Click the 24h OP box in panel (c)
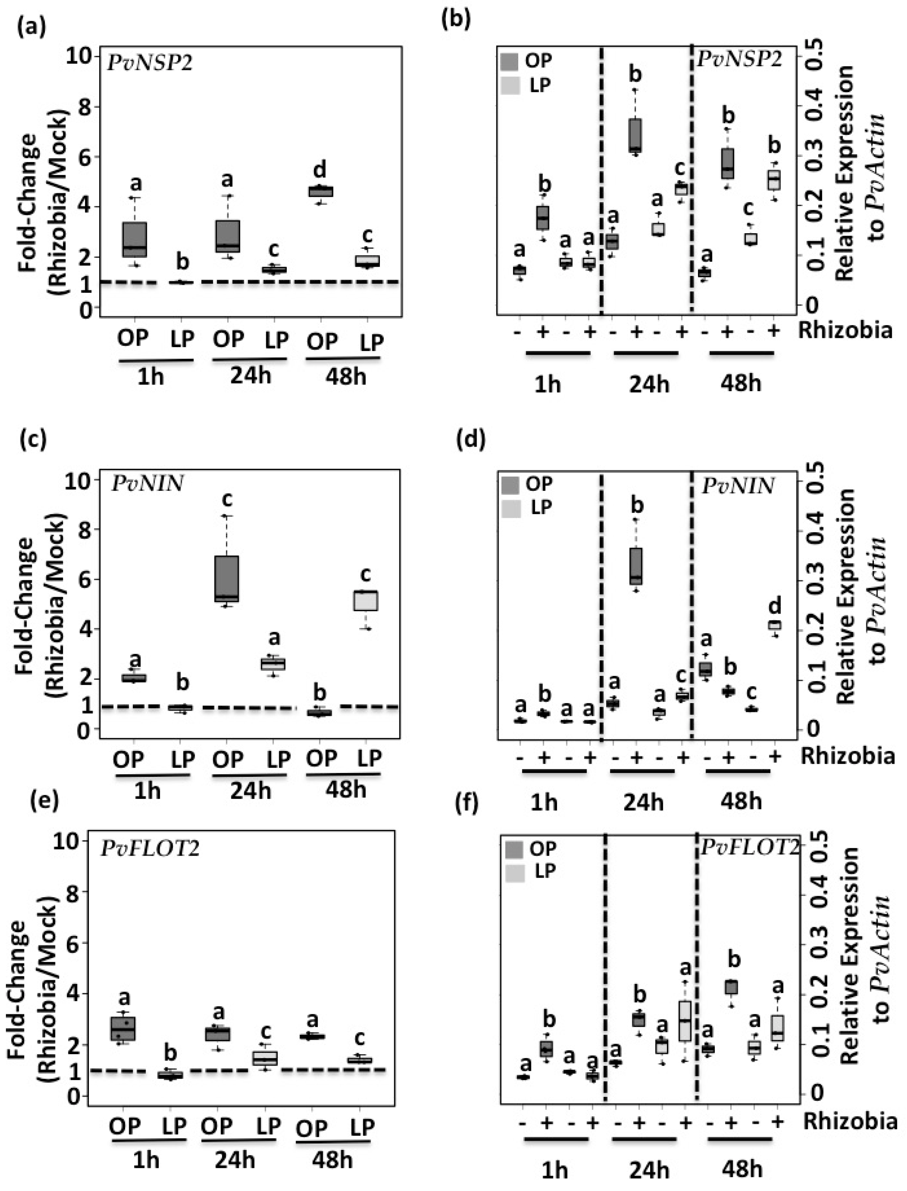(x=227, y=578)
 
